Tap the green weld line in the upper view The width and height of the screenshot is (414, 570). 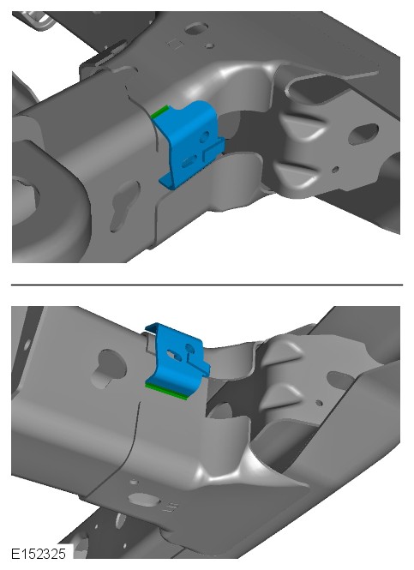coord(160,111)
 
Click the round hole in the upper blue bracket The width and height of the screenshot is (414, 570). coord(205,136)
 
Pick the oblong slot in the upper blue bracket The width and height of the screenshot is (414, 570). coord(190,160)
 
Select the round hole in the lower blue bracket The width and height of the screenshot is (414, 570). coord(189,348)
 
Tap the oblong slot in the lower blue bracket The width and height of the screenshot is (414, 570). coord(174,355)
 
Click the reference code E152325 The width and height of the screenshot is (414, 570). coord(39,554)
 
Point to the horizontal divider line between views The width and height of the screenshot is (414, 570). coord(207,285)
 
